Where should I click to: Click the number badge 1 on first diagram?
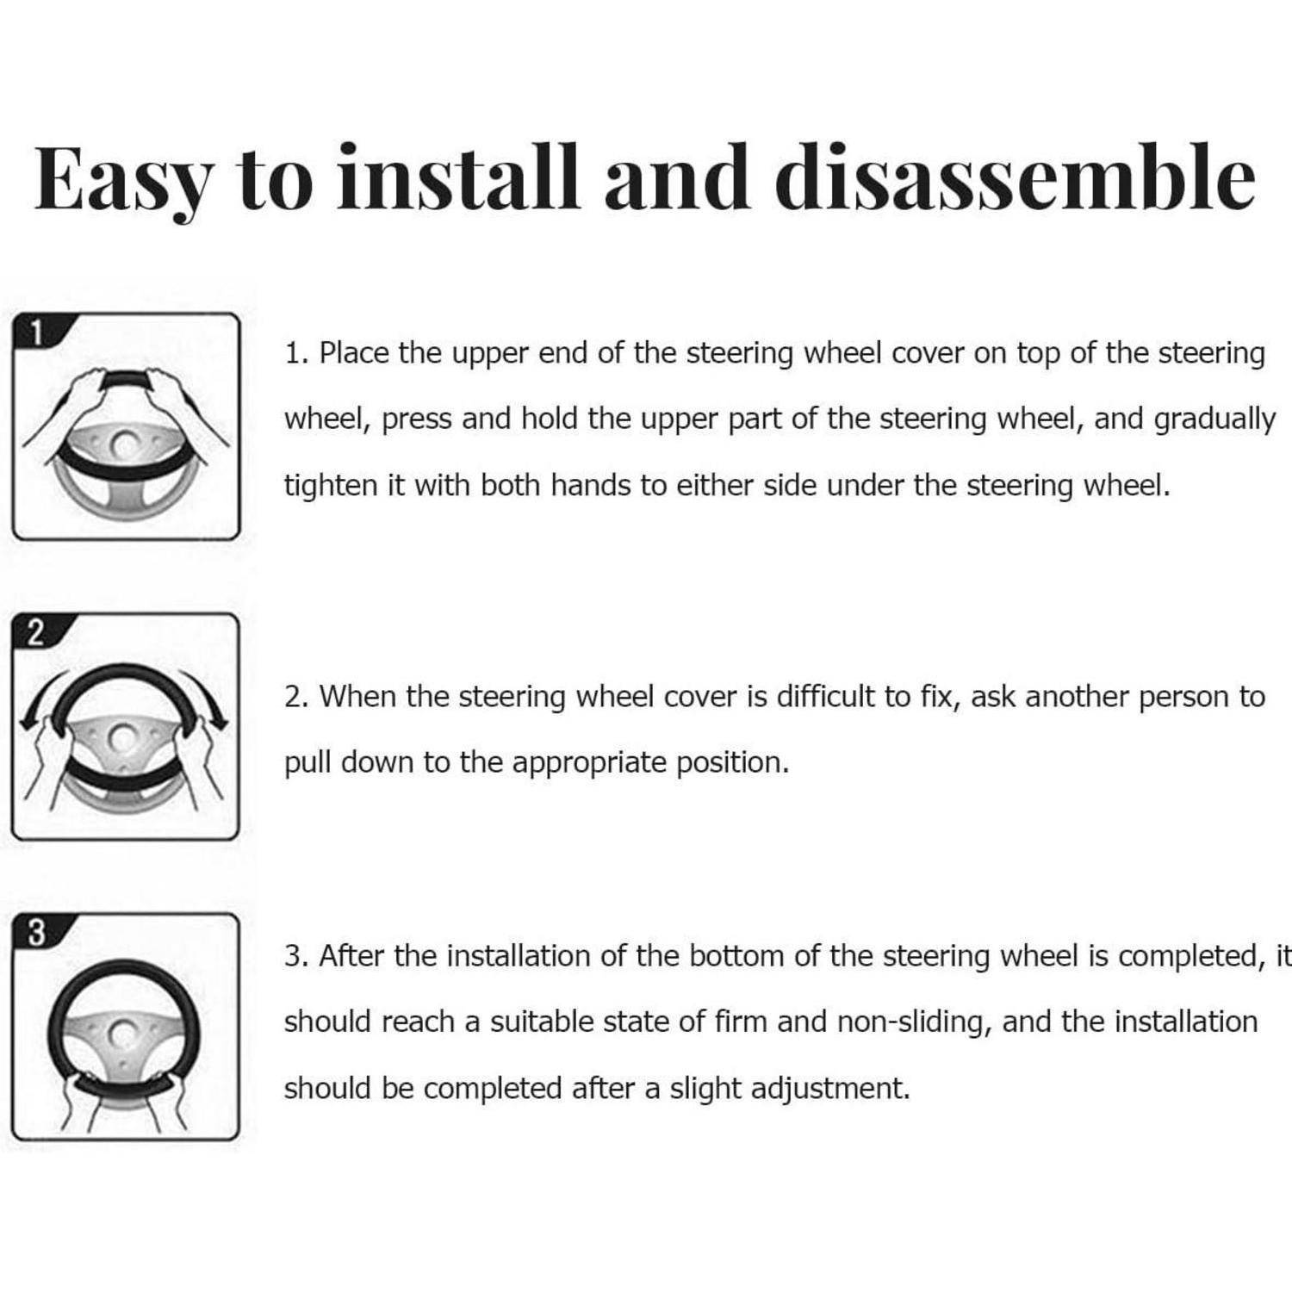36,332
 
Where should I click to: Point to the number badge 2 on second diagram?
36,632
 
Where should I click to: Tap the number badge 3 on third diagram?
36,932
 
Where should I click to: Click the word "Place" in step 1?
353,354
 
